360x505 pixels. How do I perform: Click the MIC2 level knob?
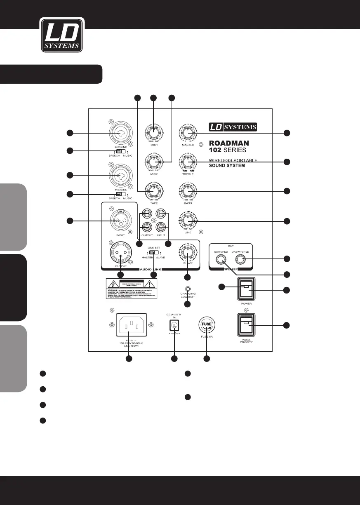click(154, 162)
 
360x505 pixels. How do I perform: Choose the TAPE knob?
click(154, 191)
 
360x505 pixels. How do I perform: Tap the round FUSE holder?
click(206, 325)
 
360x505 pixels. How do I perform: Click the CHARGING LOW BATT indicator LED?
click(188, 290)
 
